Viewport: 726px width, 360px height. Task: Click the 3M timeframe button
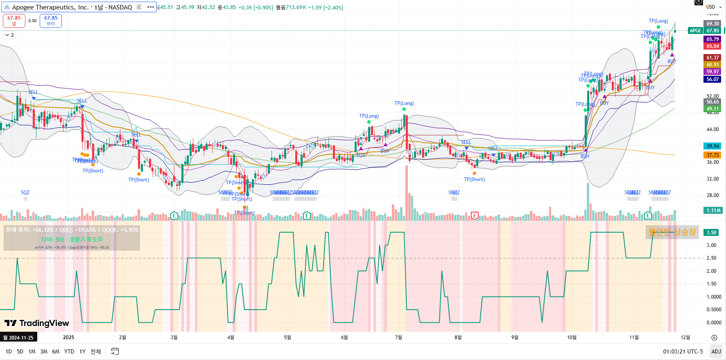pyautogui.click(x=44, y=351)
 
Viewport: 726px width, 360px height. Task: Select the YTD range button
pyautogui.click(x=69, y=351)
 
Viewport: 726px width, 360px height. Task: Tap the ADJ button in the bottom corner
pyautogui.click(x=716, y=351)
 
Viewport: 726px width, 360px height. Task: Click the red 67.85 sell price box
pyautogui.click(x=14, y=20)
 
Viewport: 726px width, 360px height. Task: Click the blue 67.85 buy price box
pyautogui.click(x=51, y=20)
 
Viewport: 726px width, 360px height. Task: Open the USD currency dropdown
pyautogui.click(x=714, y=7)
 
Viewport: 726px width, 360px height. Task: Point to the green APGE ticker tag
pyautogui.click(x=695, y=31)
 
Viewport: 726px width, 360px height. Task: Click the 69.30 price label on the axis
pyautogui.click(x=712, y=24)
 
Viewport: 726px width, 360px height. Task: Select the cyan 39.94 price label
pyautogui.click(x=712, y=146)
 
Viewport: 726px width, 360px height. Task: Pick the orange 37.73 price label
pyautogui.click(x=712, y=155)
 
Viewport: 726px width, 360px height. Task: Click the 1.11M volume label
pyautogui.click(x=712, y=211)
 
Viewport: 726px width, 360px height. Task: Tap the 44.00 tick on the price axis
pyautogui.click(x=712, y=129)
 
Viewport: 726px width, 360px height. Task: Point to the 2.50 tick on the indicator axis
pyautogui.click(x=711, y=258)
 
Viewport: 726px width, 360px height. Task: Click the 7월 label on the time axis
pyautogui.click(x=398, y=337)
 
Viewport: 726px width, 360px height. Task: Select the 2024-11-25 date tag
pyautogui.click(x=18, y=338)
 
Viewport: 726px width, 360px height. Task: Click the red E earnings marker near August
pyautogui.click(x=475, y=215)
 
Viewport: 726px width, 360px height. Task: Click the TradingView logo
pyautogui.click(x=37, y=324)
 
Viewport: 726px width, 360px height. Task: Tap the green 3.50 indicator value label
pyautogui.click(x=712, y=233)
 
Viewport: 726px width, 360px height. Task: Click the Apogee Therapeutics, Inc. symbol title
pyautogui.click(x=72, y=7)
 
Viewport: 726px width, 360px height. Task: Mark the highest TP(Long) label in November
pyautogui.click(x=658, y=21)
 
